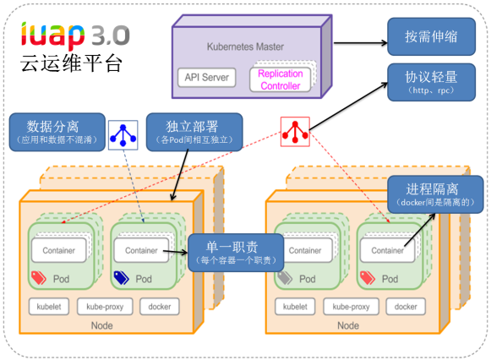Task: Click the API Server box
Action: (207, 77)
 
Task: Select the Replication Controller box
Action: (281, 79)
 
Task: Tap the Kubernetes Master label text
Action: (245, 46)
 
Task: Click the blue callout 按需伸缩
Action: (432, 36)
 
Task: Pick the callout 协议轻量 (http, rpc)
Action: (432, 82)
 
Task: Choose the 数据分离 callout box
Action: (57, 132)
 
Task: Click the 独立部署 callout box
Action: (194, 132)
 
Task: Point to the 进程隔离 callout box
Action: (435, 194)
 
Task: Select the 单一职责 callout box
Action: (236, 253)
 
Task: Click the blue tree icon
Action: (123, 135)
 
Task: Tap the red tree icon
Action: (295, 132)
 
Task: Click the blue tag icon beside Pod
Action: (121, 277)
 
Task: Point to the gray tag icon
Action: (285, 277)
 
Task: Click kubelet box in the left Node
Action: (49, 307)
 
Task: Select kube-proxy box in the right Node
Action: (351, 307)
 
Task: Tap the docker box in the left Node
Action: (160, 307)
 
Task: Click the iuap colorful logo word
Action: (52, 35)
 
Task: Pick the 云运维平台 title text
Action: (71, 63)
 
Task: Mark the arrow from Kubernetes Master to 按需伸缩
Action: (360, 43)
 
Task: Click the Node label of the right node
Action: (348, 325)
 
